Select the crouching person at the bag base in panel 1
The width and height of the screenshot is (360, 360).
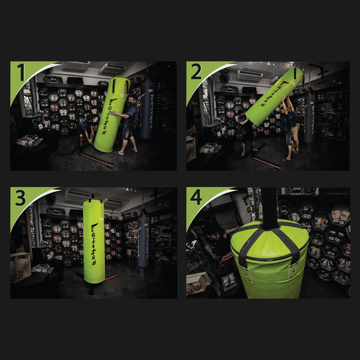coord(88,129)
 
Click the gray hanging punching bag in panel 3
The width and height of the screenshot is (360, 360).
coord(143,240)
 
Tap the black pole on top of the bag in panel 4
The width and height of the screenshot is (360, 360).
coord(269,207)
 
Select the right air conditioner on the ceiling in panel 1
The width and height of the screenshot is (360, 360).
coord(112,68)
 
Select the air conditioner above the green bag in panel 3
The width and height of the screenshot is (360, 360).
coord(79,196)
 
